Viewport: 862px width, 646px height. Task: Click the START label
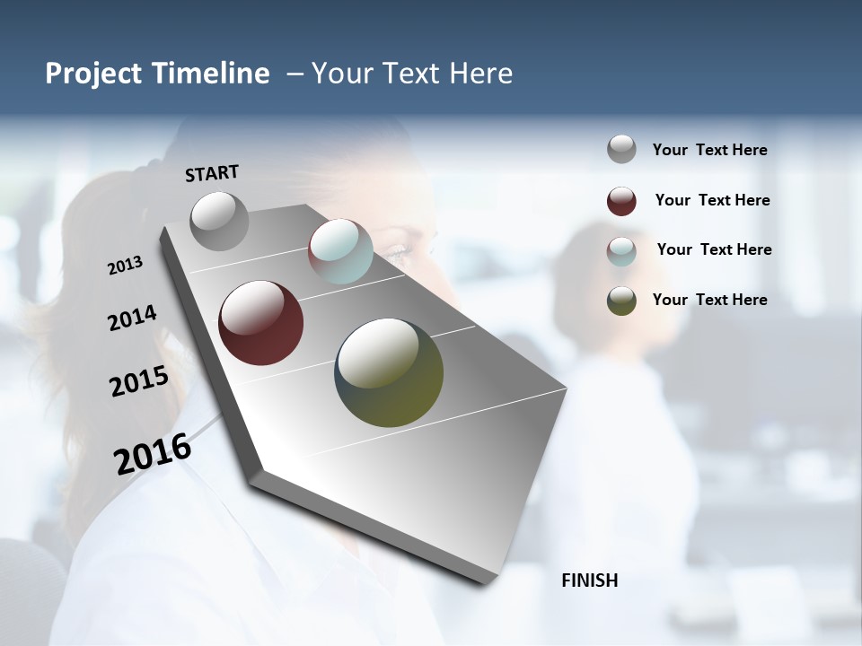[212, 173]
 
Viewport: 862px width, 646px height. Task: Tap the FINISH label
[590, 581]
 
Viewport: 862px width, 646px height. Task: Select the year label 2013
[126, 266]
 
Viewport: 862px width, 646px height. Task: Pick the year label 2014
[133, 318]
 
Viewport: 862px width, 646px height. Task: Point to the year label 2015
[139, 381]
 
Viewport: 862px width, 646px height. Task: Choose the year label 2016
[153, 453]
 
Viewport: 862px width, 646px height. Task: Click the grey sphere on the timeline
[220, 221]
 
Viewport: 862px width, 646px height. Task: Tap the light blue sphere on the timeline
[340, 251]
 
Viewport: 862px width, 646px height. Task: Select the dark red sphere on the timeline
[261, 323]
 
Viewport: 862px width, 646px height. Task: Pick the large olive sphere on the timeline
[389, 372]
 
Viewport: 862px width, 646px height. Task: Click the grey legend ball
[621, 150]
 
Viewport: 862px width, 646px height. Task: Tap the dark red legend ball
[621, 201]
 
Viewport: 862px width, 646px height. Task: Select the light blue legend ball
[621, 251]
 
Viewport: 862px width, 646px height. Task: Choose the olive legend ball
[621, 301]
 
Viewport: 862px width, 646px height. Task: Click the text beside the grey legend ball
[709, 150]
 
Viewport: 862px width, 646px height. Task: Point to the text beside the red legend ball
[712, 200]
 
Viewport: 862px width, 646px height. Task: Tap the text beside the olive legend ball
[709, 300]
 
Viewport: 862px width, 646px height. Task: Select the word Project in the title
[92, 74]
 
